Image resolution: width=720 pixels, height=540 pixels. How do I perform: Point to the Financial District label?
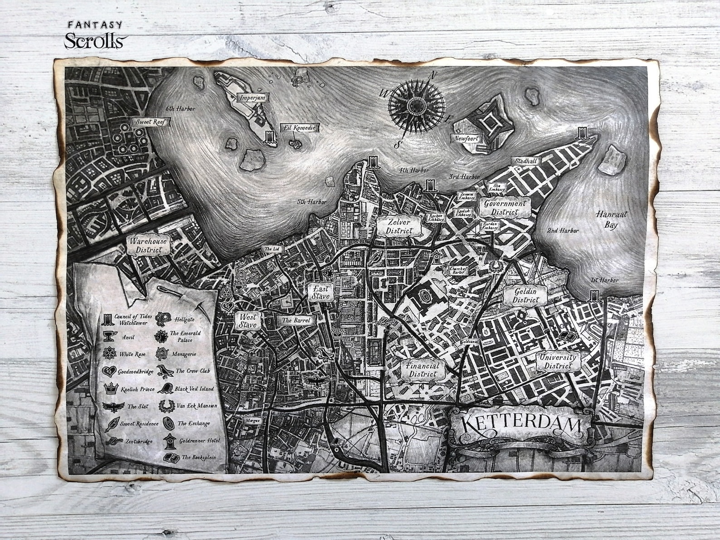pos(423,370)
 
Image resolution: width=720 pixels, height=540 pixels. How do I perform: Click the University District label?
pos(557,361)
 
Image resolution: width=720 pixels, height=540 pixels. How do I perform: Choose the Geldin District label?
pos(525,295)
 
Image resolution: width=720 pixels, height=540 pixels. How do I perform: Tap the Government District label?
pos(505,207)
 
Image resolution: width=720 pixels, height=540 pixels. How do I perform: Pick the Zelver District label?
pos(399,226)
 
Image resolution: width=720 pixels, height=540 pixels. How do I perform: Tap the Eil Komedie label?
pos(299,128)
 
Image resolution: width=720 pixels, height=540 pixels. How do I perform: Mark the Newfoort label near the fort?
pos(466,138)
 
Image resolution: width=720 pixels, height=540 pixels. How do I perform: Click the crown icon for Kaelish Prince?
pos(111,389)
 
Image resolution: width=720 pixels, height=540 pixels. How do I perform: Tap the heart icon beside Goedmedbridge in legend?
pos(109,372)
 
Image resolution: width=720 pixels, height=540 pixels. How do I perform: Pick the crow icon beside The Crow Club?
pos(165,371)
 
